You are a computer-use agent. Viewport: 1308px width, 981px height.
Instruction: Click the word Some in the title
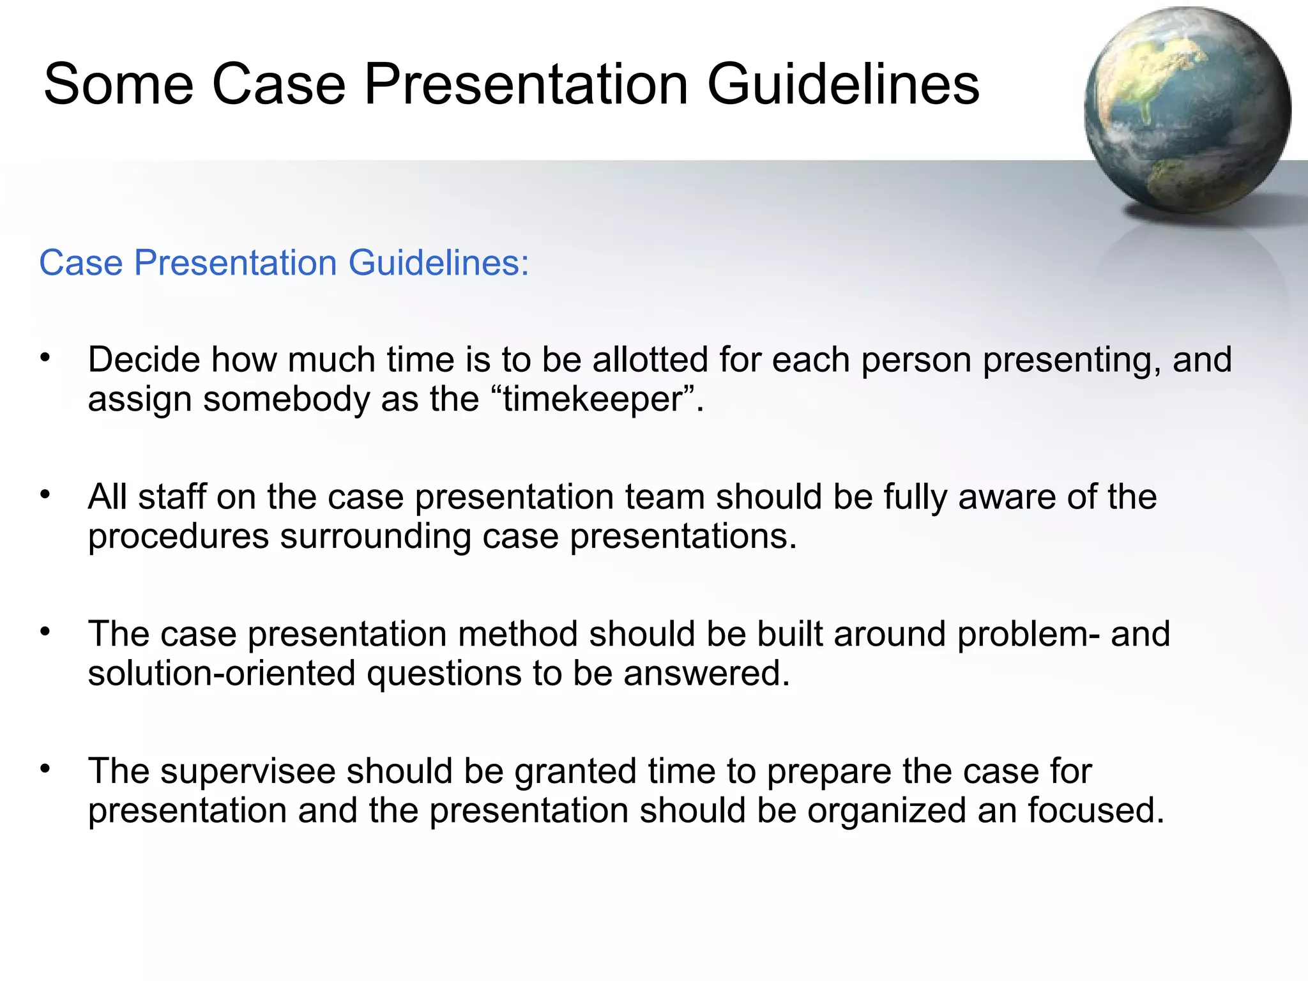[x=118, y=84]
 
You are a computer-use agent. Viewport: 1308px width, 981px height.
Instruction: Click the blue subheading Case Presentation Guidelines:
[x=284, y=262]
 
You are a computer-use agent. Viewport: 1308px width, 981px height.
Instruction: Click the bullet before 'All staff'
[x=45, y=495]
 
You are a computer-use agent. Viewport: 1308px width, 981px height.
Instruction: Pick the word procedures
[x=178, y=536]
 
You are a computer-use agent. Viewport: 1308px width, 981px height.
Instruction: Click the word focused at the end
[x=1096, y=810]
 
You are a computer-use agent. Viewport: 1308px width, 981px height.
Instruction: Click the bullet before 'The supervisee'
[x=45, y=769]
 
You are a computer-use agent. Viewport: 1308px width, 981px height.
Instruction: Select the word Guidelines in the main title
[x=843, y=84]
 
